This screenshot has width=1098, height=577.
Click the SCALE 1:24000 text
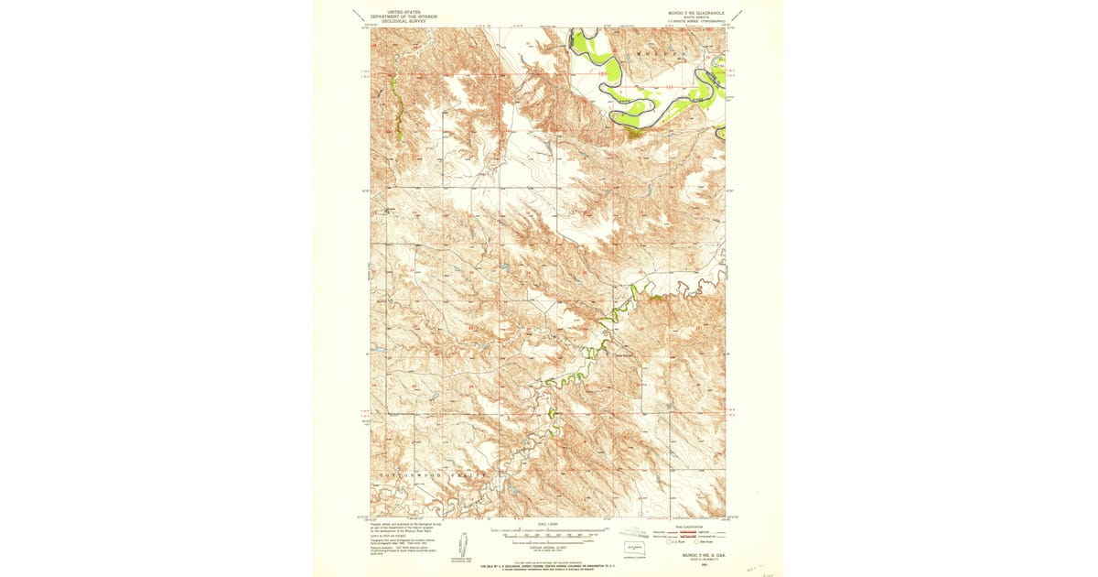[549, 524]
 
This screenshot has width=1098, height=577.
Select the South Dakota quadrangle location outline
[634, 548]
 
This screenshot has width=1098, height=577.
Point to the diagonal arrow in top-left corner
[358, 14]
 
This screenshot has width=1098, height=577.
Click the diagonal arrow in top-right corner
[737, 14]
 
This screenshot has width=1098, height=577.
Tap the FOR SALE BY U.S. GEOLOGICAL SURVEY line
[549, 566]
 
